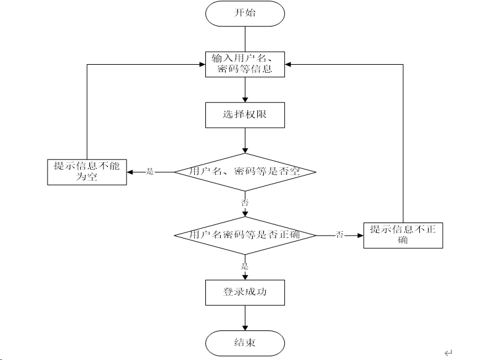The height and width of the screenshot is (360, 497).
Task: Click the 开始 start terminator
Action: [x=245, y=14]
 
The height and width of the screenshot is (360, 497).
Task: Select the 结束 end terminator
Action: [x=245, y=343]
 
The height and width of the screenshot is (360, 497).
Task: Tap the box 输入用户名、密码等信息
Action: [x=245, y=64]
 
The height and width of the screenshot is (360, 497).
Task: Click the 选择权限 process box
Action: [x=245, y=115]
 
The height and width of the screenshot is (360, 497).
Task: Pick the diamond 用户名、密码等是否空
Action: [x=245, y=172]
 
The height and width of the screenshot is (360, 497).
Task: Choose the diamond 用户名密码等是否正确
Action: [x=245, y=235]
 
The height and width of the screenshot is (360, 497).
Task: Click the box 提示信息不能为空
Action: [x=87, y=172]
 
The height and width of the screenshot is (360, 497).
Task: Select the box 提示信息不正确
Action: [x=403, y=235]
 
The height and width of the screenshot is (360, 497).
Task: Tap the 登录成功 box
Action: [x=245, y=292]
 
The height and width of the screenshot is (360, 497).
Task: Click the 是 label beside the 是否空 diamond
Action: [x=150, y=172]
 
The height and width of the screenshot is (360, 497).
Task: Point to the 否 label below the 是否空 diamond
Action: [x=245, y=202]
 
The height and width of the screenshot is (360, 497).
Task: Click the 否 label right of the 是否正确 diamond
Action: [x=340, y=235]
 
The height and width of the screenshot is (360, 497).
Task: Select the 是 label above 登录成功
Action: [x=245, y=266]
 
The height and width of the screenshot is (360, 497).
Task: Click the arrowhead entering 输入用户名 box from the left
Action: [x=202, y=64]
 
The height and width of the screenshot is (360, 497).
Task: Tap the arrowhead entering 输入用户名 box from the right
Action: [x=288, y=64]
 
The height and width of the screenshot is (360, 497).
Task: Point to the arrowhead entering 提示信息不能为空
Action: [x=129, y=172]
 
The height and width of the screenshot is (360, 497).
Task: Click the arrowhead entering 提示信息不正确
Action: [x=360, y=235]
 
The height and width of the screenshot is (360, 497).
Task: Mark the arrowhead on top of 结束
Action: [x=245, y=328]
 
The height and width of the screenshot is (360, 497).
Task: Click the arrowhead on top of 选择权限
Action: [x=245, y=99]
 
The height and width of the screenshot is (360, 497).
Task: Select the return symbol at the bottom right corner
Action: [x=448, y=353]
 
